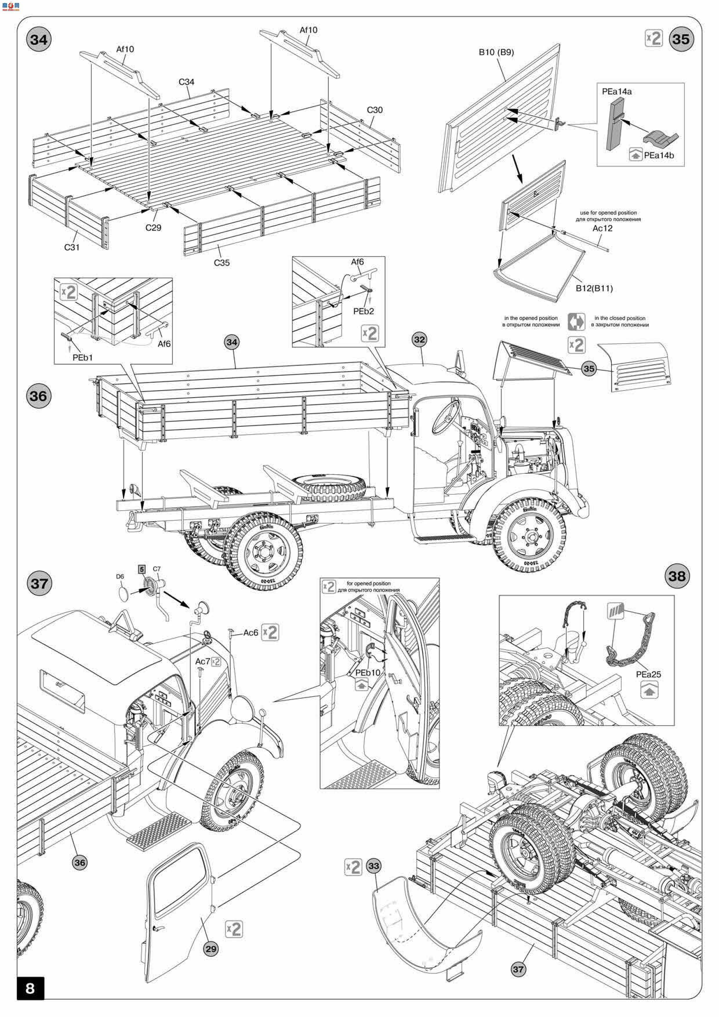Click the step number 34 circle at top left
[39, 40]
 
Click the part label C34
[186, 82]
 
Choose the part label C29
[153, 228]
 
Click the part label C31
[72, 247]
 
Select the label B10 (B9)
[496, 52]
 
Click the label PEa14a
[617, 92]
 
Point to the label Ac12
[602, 228]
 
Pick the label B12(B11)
[594, 288]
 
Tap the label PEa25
[648, 674]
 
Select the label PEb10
[368, 672]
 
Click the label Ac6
[251, 633]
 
